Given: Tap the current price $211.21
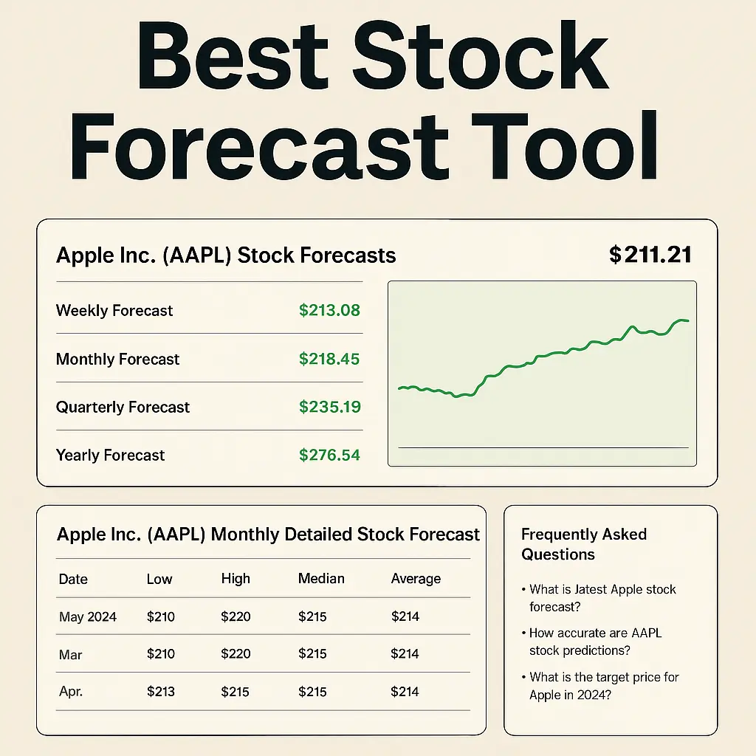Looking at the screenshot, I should [650, 255].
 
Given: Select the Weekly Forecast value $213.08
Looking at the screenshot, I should [329, 310].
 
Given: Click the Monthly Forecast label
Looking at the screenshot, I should [118, 360].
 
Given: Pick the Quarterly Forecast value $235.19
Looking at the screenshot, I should [329, 407].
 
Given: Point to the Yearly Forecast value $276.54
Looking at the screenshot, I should [329, 455].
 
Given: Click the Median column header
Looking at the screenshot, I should [321, 579].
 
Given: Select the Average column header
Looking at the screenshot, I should [416, 579].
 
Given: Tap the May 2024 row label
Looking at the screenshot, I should [88, 616].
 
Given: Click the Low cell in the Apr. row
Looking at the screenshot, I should [161, 692].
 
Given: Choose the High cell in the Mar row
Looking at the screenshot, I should [236, 653].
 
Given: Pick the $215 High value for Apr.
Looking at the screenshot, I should [236, 692].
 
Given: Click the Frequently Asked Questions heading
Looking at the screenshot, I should [583, 544].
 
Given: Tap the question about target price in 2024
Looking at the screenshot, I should [603, 686].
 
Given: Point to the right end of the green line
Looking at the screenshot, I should [687, 320].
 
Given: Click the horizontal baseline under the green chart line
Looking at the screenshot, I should [543, 447].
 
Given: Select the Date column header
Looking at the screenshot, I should [73, 579].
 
